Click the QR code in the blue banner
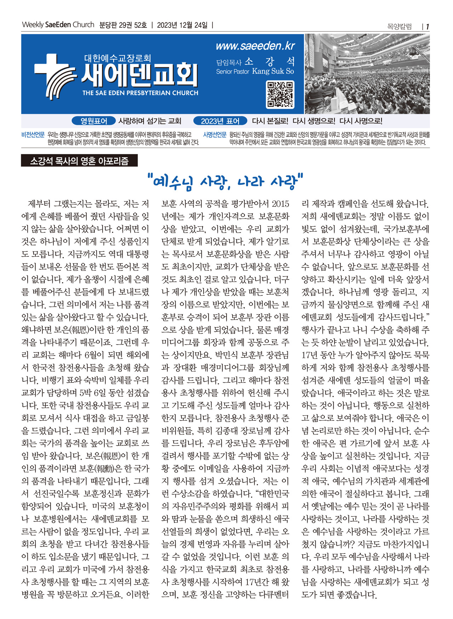pyautogui.click(x=280, y=94)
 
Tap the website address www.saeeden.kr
pyautogui.click(x=255, y=46)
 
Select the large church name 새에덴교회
pyautogui.click(x=139, y=75)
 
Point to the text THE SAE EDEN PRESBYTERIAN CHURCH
pyautogui.click(x=140, y=93)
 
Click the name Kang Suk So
pyautogui.click(x=273, y=71)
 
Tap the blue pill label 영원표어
pyautogui.click(x=94, y=121)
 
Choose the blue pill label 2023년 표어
pyautogui.click(x=220, y=121)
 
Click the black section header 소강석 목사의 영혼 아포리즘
pyautogui.click(x=79, y=161)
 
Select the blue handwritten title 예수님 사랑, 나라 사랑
pyautogui.click(x=226, y=181)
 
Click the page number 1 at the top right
pyautogui.click(x=428, y=27)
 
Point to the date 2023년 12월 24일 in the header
pyautogui.click(x=182, y=25)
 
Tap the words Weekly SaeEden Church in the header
pyautogui.click(x=58, y=25)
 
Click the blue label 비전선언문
pyautogui.click(x=33, y=135)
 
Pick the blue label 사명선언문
pyautogui.click(x=214, y=135)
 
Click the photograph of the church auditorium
pyautogui.click(x=367, y=74)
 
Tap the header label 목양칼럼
pyautogui.click(x=400, y=27)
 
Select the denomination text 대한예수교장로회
pyautogui.click(x=117, y=58)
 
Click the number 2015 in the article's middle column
pyautogui.click(x=281, y=204)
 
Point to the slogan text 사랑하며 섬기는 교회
pyautogui.click(x=150, y=121)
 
